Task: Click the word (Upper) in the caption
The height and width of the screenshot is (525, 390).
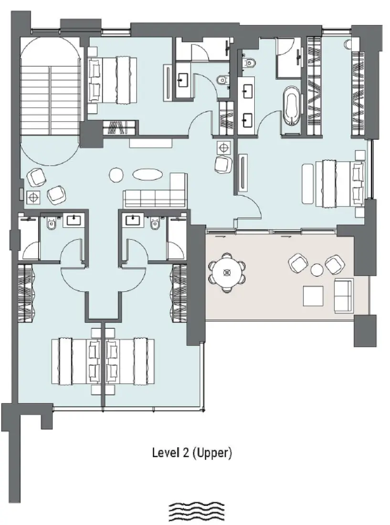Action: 213,453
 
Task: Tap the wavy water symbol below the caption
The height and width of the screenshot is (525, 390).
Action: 197,512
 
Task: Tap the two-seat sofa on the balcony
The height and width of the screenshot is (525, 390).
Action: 343,294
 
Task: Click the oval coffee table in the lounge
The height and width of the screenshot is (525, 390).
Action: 147,175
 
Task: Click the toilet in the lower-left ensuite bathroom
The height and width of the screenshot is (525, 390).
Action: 52,223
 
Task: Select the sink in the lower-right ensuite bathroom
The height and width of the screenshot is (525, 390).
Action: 132,220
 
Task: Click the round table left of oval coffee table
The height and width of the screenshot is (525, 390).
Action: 116,175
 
